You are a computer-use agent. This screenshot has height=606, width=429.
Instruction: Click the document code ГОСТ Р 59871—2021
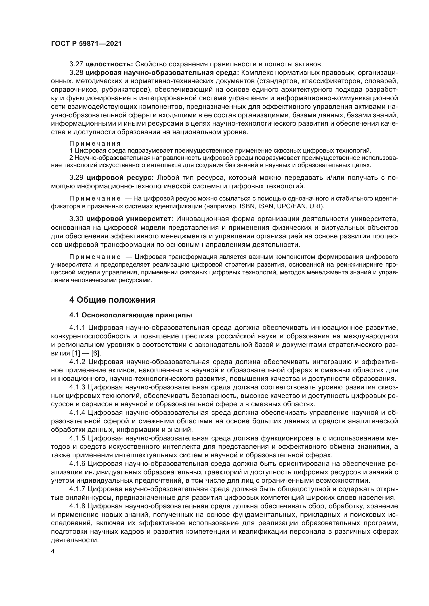[86, 44]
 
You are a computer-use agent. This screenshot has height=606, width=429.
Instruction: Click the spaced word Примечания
[95, 144]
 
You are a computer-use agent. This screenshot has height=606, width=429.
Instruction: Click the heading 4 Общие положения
[112, 300]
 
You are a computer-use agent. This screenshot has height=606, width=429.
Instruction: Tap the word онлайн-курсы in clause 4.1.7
[94, 498]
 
